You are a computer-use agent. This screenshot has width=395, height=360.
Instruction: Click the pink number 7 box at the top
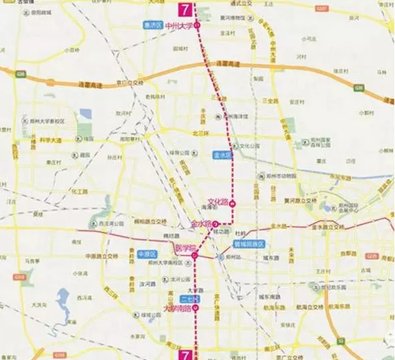[x=185, y=9]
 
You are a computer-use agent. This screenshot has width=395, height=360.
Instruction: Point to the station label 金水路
[x=202, y=223]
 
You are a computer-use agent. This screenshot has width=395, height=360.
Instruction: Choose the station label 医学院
[x=184, y=248]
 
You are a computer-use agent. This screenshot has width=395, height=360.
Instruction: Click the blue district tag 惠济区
[x=153, y=26]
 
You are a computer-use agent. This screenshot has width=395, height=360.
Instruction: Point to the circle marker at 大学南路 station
[x=196, y=308]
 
